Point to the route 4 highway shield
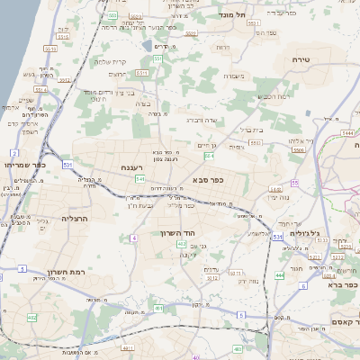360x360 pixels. [133, 238]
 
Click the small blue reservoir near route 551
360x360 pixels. [146, 44]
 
